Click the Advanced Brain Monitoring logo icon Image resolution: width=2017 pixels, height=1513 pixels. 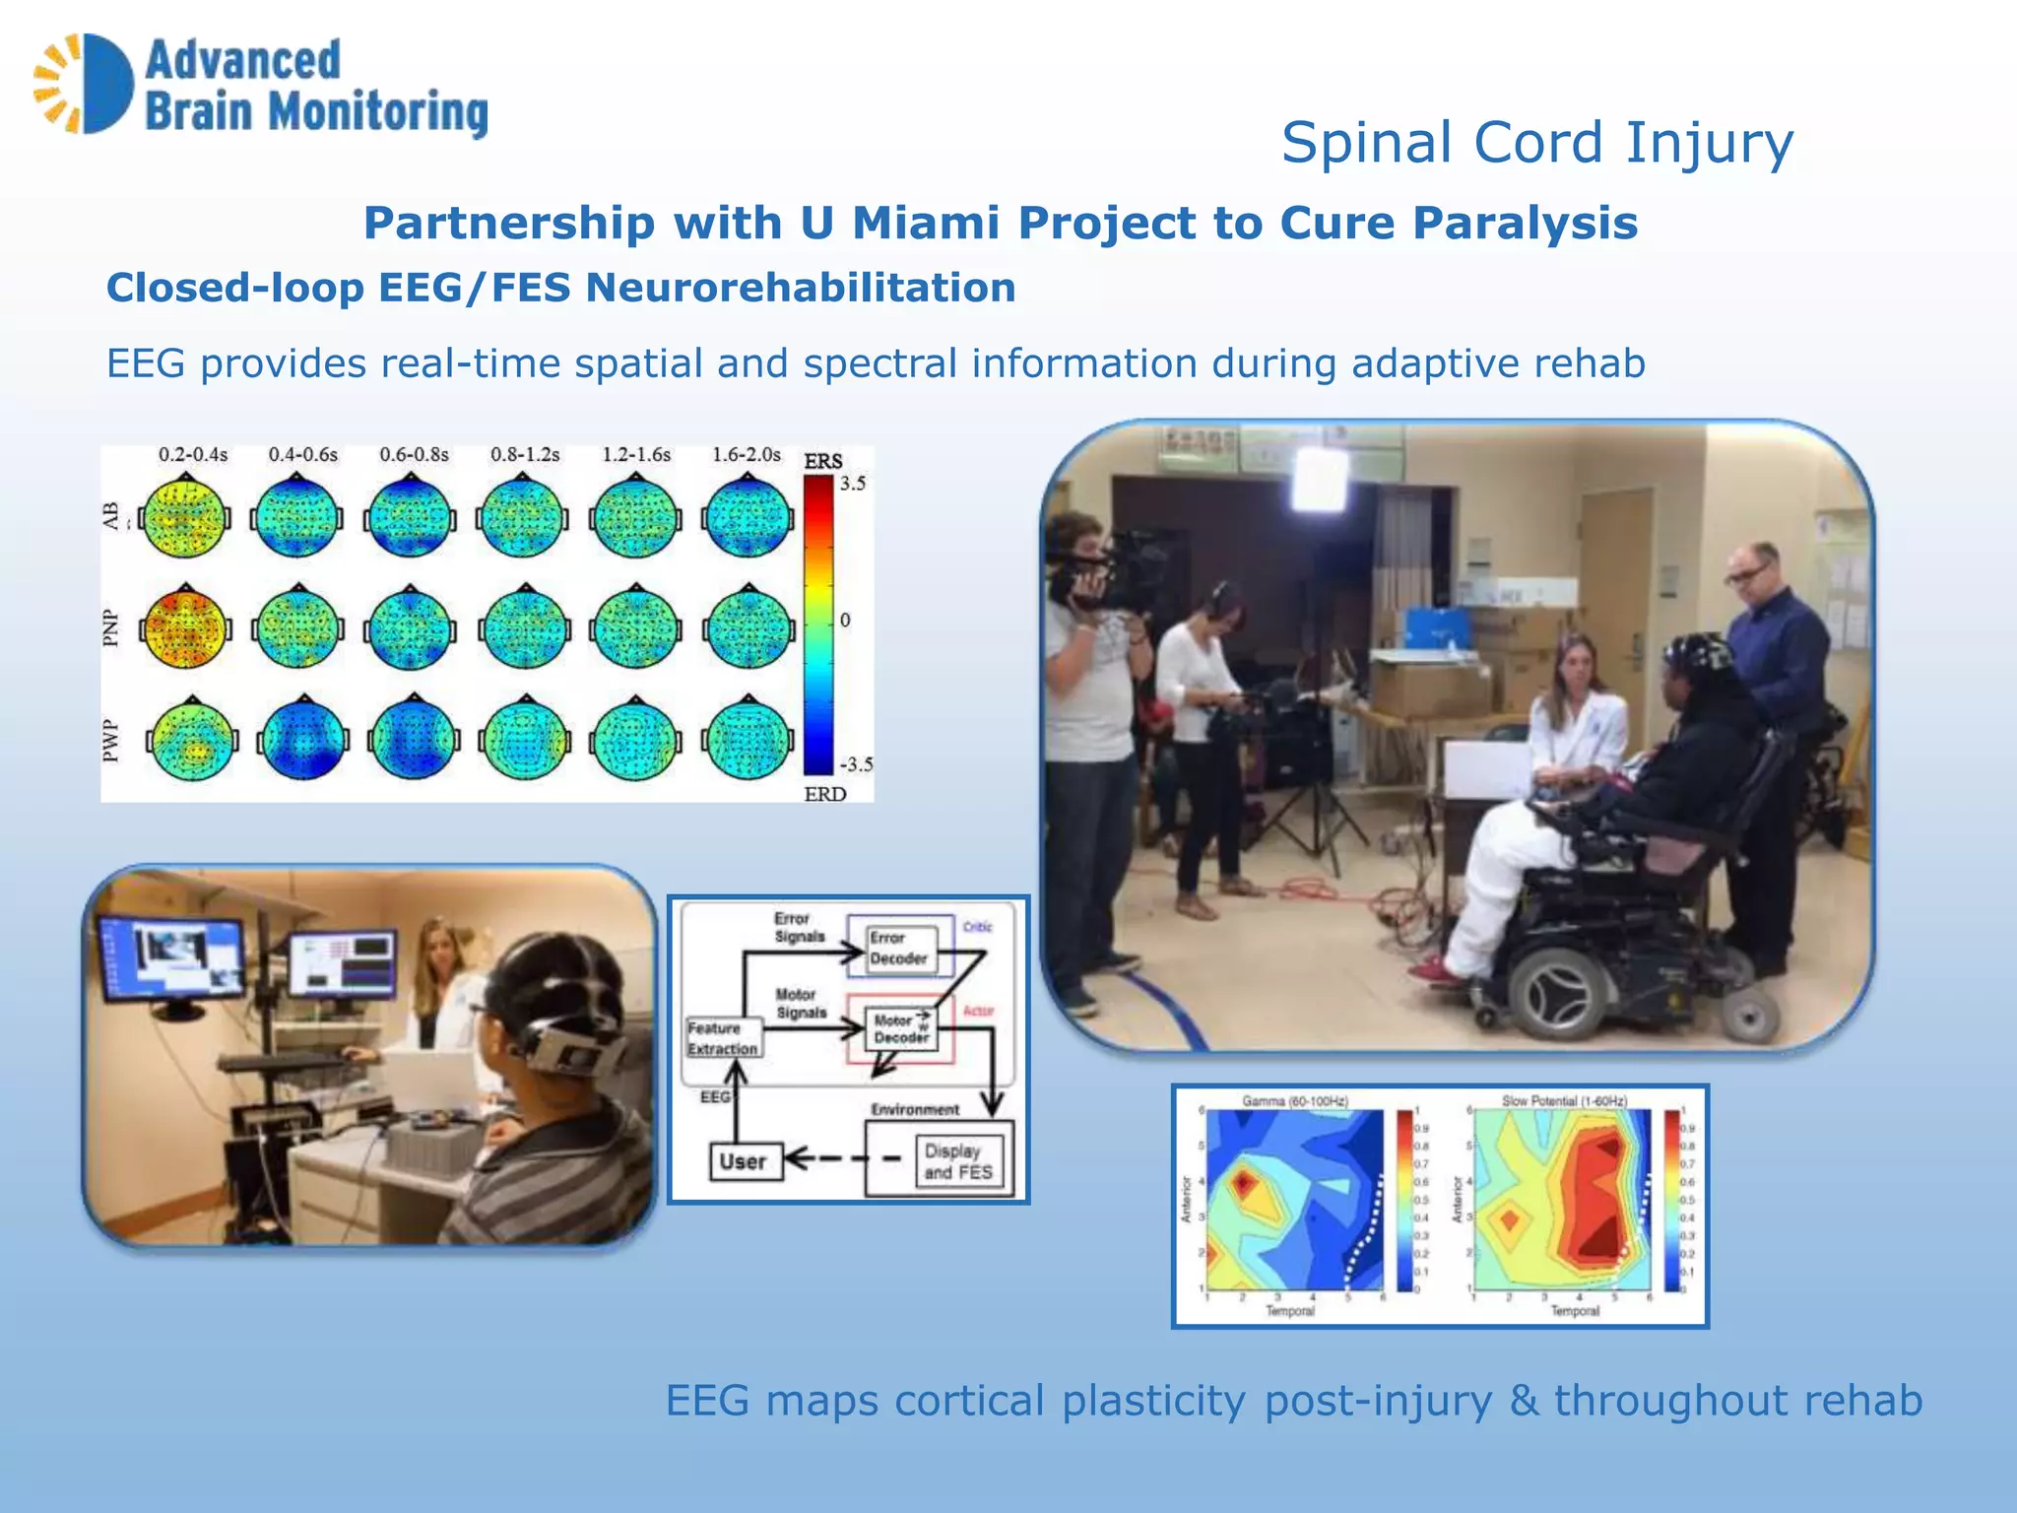[85, 84]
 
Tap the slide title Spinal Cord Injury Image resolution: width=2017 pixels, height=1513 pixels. [1536, 144]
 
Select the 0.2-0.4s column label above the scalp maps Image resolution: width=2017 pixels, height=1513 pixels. [193, 455]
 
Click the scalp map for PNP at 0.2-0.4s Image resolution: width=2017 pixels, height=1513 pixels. [185, 626]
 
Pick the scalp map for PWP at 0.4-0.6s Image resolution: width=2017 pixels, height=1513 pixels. [302, 739]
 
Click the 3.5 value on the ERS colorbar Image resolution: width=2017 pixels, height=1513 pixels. [853, 484]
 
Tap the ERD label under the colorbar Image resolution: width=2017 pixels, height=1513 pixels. [824, 794]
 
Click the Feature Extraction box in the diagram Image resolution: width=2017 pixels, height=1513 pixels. [723, 1039]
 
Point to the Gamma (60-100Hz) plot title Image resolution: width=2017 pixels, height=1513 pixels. [1294, 1100]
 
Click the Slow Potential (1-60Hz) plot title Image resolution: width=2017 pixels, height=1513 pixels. [1564, 1100]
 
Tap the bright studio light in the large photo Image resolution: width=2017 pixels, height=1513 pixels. [1319, 482]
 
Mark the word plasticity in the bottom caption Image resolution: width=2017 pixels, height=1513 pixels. [1153, 1401]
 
